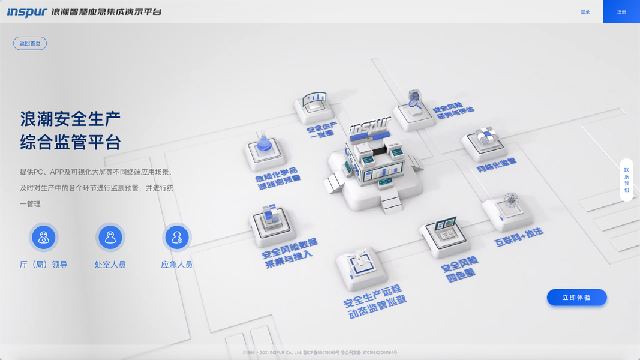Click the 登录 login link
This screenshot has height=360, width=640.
pyautogui.click(x=585, y=12)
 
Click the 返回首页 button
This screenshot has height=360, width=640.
pyautogui.click(x=30, y=43)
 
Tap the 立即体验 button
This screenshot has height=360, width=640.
pyautogui.click(x=576, y=298)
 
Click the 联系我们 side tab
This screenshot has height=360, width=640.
pyautogui.click(x=626, y=180)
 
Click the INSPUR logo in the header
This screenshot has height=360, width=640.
pyautogui.click(x=26, y=12)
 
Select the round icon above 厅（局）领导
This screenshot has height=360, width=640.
pyautogui.click(x=43, y=238)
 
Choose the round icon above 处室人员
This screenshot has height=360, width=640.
pyautogui.click(x=110, y=238)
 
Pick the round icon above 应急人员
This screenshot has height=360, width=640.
pyautogui.click(x=177, y=238)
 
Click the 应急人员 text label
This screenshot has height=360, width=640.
pyautogui.click(x=177, y=265)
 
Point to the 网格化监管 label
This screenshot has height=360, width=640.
pyautogui.click(x=497, y=165)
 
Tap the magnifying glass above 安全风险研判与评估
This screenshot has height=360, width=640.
pyautogui.click(x=414, y=101)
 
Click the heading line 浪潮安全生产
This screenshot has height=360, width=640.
pyautogui.click(x=70, y=118)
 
